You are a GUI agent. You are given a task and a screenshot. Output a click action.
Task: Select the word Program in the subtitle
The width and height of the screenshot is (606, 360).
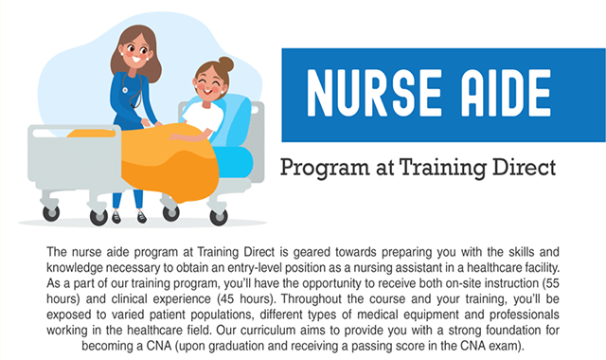328,170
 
